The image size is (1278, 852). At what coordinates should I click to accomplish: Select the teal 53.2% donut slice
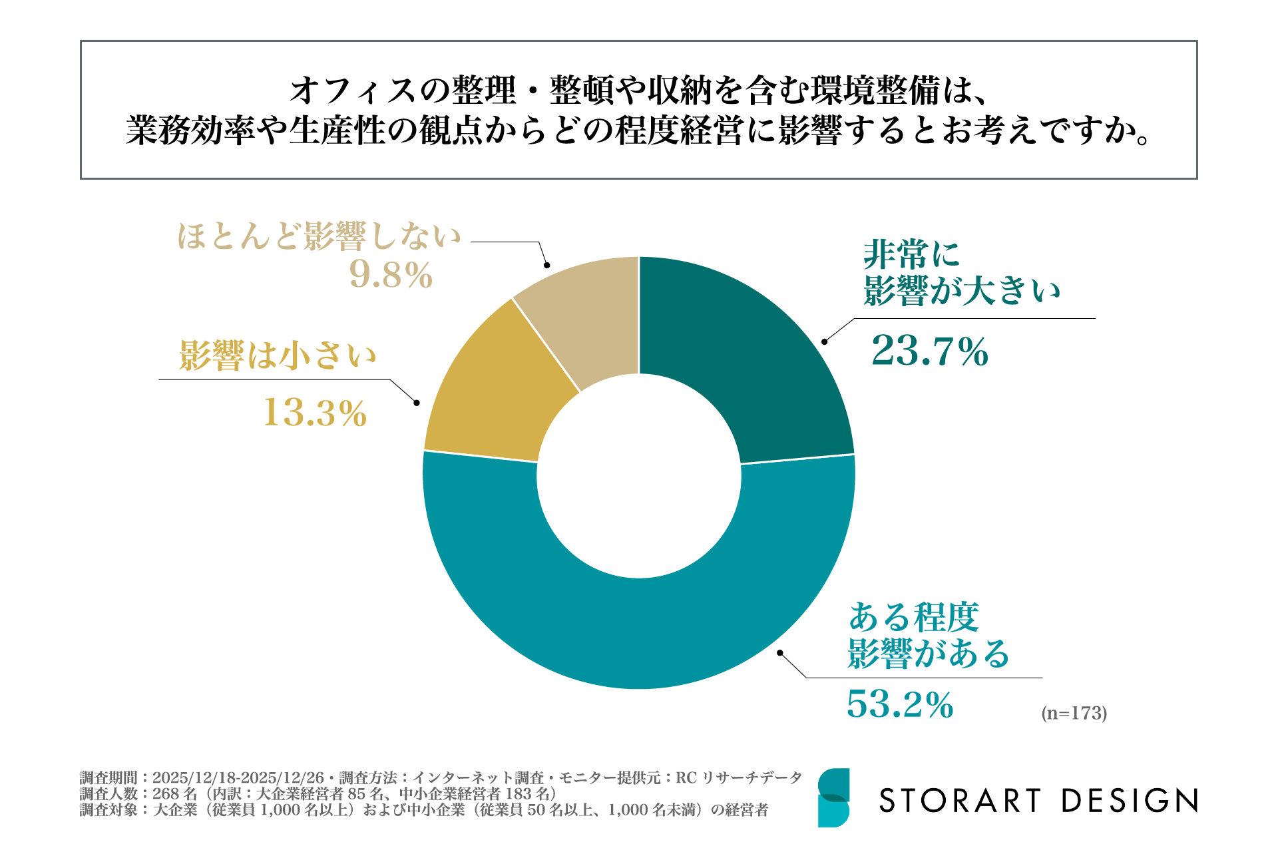click(639, 632)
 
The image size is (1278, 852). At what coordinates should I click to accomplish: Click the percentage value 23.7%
click(930, 351)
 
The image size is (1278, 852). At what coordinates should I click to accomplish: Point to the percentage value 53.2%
click(900, 705)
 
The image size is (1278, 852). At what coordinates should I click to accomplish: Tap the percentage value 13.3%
click(315, 413)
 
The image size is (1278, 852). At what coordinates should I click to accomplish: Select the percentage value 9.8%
click(391, 275)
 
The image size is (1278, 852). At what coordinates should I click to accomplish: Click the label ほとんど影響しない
click(319, 236)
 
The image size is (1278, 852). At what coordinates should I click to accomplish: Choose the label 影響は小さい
click(278, 355)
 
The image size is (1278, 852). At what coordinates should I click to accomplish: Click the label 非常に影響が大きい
click(961, 273)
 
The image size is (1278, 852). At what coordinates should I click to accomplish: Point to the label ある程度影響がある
click(929, 636)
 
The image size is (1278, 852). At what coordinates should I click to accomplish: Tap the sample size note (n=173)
click(1074, 713)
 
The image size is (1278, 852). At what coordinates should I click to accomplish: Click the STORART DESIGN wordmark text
click(1038, 800)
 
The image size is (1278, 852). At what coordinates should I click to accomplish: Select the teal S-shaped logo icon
click(833, 797)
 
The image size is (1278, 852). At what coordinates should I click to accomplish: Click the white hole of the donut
click(639, 476)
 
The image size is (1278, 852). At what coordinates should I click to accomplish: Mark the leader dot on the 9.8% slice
click(547, 265)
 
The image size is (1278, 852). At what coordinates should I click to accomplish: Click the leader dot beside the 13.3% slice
click(417, 403)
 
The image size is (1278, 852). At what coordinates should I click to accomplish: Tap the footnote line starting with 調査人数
click(318, 793)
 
